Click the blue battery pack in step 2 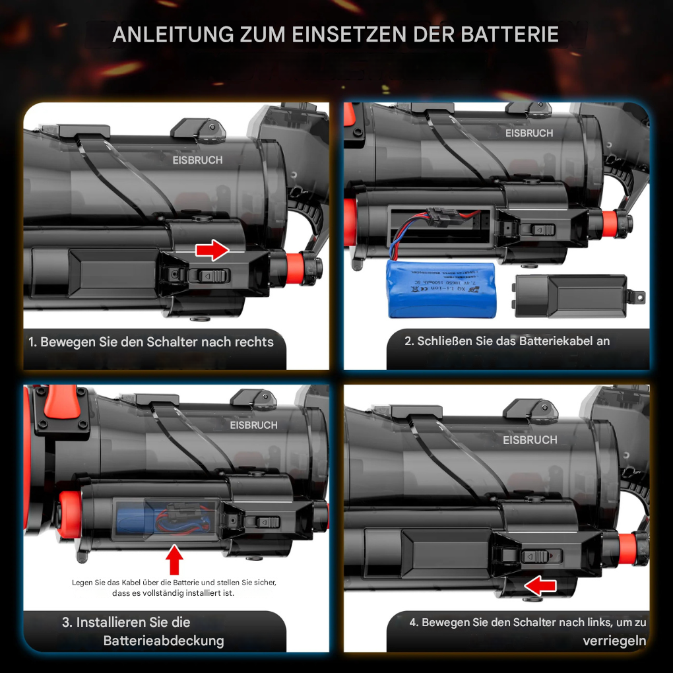[x=441, y=289]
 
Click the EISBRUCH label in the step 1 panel [x=197, y=160]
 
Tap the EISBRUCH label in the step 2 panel [x=529, y=133]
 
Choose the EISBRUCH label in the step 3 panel [x=253, y=426]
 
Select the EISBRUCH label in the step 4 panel [x=530, y=440]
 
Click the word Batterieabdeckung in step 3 [x=164, y=641]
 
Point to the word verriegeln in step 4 [x=614, y=641]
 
